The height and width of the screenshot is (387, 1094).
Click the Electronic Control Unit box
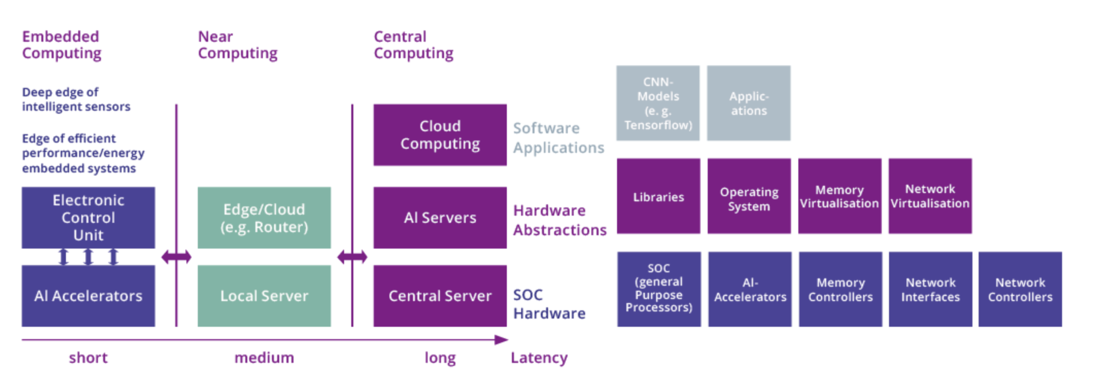[x=88, y=217]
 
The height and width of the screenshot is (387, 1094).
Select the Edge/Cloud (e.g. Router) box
[x=264, y=217]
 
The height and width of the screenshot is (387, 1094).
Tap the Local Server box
[x=264, y=295]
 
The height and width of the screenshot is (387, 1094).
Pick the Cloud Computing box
[x=440, y=135]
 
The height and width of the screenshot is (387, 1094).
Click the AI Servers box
[x=440, y=217]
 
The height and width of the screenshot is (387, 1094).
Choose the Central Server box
[x=440, y=295]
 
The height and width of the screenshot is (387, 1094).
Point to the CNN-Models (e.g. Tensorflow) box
[x=658, y=103]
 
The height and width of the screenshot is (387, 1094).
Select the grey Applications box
[x=748, y=103]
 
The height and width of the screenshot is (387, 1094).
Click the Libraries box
[x=658, y=196]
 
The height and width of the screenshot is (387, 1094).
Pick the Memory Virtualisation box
[x=840, y=196]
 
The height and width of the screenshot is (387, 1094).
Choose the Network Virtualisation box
[x=930, y=196]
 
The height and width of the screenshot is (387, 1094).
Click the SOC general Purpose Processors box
[x=659, y=289]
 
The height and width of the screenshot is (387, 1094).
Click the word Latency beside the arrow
[x=539, y=358]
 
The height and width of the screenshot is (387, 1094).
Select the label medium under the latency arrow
[x=264, y=358]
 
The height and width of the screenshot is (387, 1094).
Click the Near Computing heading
[x=237, y=45]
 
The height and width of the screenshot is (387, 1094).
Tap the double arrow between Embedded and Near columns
[x=176, y=256]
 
